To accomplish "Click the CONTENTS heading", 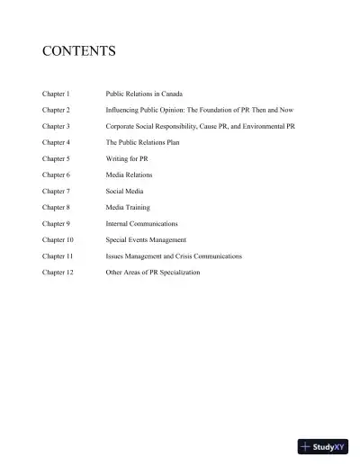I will pyautogui.click(x=78, y=51).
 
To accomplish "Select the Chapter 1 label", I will pyautogui.click(x=57, y=93).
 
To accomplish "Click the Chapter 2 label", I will pyautogui.click(x=57, y=109).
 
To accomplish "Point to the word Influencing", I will pyautogui.click(x=123, y=109).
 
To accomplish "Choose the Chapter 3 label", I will pyautogui.click(x=57, y=125).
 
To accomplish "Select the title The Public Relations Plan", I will pyautogui.click(x=142, y=141).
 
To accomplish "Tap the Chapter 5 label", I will pyautogui.click(x=57, y=157).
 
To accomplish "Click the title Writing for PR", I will pyautogui.click(x=128, y=157).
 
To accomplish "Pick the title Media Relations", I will pyautogui.click(x=130, y=174).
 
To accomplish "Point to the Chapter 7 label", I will pyautogui.click(x=57, y=191).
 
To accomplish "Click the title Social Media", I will pyautogui.click(x=125, y=191).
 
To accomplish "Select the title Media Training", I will pyautogui.click(x=129, y=207).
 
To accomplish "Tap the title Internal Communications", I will pyautogui.click(x=141, y=223).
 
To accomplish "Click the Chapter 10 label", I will pyautogui.click(x=58, y=239).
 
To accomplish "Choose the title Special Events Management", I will pyautogui.click(x=146, y=239).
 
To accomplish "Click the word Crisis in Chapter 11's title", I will pyautogui.click(x=184, y=255).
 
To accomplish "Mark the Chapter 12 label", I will pyautogui.click(x=58, y=272).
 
